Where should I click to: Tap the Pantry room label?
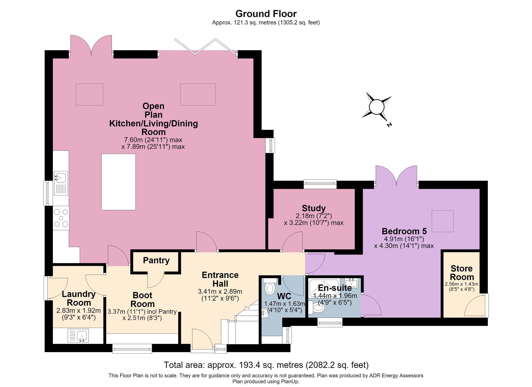point(156,260)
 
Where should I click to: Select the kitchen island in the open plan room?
point(118,182)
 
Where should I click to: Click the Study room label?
point(314,208)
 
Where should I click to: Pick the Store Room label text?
point(462,273)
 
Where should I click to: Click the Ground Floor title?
point(266,14)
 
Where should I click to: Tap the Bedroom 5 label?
point(404,231)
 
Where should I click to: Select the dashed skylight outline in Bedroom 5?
point(442,221)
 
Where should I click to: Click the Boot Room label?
point(143,299)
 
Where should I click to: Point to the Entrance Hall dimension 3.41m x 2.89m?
point(220,292)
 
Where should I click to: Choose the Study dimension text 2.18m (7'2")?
point(314,216)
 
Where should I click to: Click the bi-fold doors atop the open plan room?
point(206,47)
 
